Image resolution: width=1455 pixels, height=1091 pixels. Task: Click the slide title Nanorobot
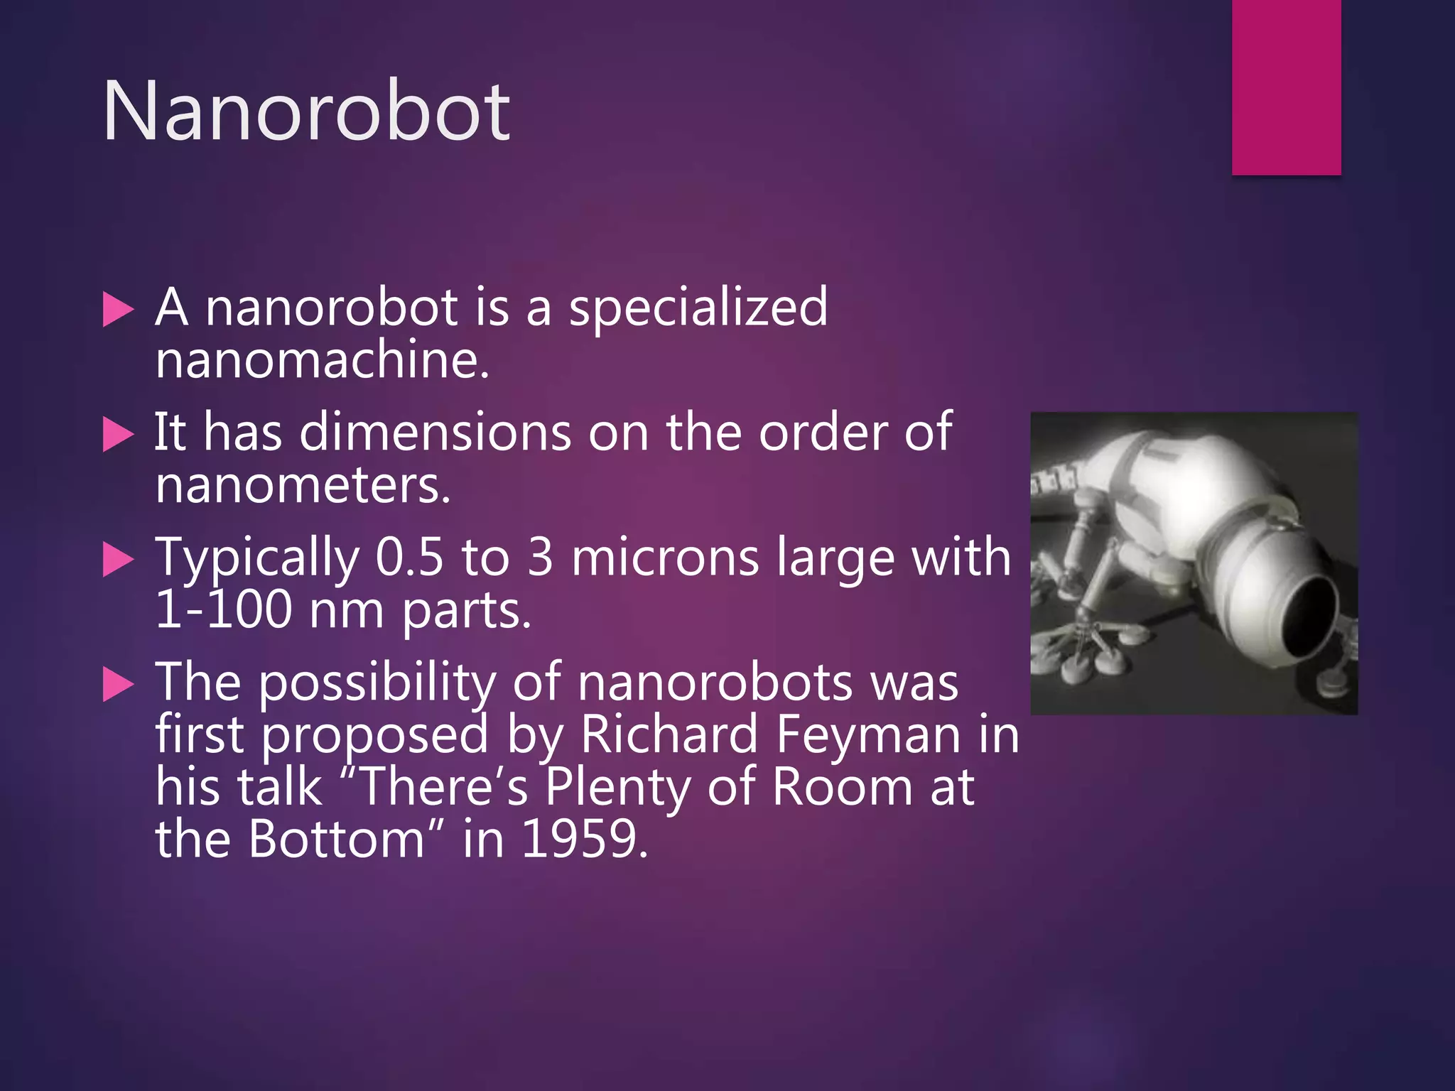pos(306,112)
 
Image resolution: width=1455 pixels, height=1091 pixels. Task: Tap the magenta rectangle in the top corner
pos(1286,87)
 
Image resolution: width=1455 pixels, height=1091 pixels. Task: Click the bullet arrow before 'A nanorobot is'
pos(118,310)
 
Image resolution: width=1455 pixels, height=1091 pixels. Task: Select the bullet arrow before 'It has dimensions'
pos(118,434)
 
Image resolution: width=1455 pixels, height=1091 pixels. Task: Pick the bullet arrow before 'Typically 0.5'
pos(118,559)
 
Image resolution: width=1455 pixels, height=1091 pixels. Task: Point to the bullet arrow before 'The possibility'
pos(118,684)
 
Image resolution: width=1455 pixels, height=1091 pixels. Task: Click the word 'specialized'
pos(698,308)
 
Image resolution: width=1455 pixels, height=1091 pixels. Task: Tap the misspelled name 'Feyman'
pos(868,734)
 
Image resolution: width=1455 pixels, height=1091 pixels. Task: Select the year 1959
pos(584,839)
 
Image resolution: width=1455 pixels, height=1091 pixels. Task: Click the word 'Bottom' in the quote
pos(337,839)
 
